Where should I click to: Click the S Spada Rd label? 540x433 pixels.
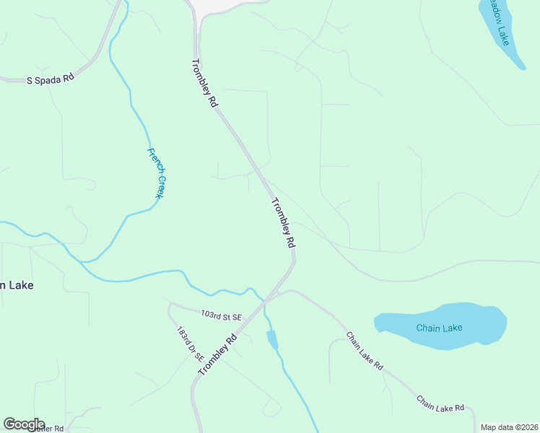(51, 79)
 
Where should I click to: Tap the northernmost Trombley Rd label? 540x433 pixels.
(205, 83)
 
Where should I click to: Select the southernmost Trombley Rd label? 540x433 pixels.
(218, 354)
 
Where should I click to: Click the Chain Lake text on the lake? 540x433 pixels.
(439, 328)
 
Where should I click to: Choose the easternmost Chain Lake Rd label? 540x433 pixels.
(440, 403)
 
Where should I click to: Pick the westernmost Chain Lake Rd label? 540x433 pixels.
(364, 351)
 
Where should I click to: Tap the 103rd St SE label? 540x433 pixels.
(221, 316)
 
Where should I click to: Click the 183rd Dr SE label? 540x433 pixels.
(191, 345)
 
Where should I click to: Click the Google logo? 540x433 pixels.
(24, 424)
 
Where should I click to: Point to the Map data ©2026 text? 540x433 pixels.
(509, 427)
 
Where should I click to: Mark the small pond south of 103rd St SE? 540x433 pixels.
(272, 339)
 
